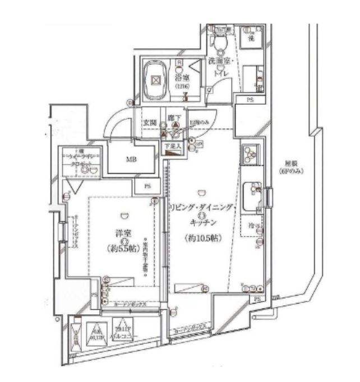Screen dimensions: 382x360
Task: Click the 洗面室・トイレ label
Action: tap(218, 64)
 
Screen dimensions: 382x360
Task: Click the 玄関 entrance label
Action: tap(151, 119)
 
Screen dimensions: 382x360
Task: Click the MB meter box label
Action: tap(131, 160)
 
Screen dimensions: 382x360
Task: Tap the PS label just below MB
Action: tap(147, 187)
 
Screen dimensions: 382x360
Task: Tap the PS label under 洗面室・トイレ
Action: tap(250, 100)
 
